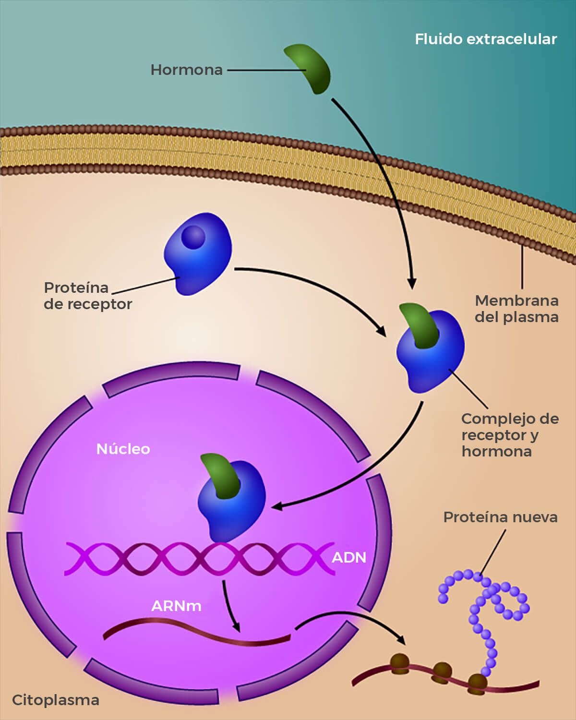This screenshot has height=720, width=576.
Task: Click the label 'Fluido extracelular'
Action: [x=485, y=39]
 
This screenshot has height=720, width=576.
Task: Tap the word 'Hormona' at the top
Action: [x=186, y=70]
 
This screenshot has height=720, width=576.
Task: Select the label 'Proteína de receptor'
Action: [x=87, y=296]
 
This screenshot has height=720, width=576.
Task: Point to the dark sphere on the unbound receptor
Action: [x=193, y=237]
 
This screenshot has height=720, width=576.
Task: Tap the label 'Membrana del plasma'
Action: [x=516, y=309]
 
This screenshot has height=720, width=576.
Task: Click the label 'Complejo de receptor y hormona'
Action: [x=510, y=435]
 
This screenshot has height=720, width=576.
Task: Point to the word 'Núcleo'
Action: [x=123, y=449]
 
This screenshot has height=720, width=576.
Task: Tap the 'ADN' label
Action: [x=349, y=557]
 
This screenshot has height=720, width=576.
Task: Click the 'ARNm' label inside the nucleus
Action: [x=176, y=606]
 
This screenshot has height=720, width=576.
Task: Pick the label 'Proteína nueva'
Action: [x=500, y=517]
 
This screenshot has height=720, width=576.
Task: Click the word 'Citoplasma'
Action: [x=55, y=700]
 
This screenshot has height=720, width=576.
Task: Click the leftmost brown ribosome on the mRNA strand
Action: [x=399, y=663]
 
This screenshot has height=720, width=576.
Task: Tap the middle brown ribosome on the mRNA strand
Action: [x=442, y=671]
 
